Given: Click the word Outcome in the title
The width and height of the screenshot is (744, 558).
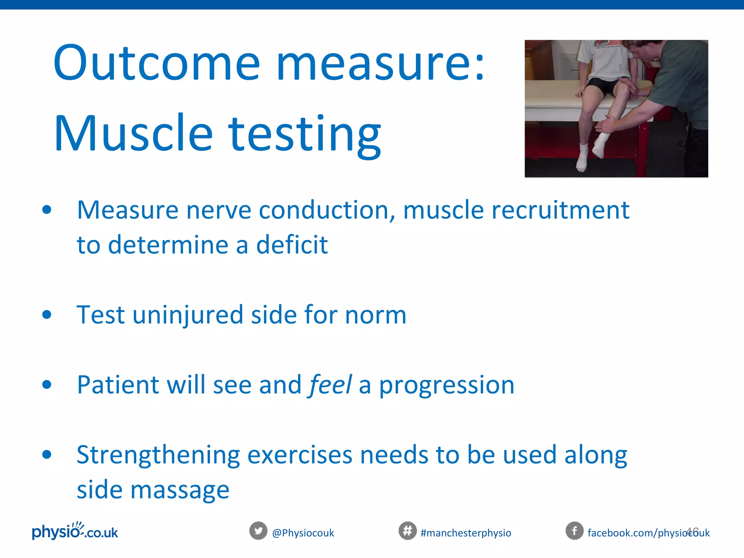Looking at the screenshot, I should (x=156, y=62).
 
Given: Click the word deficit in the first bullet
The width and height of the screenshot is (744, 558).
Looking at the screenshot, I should (x=292, y=244).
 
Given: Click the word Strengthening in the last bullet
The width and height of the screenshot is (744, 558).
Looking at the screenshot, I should (x=158, y=455).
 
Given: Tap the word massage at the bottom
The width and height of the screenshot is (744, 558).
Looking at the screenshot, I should (x=180, y=490).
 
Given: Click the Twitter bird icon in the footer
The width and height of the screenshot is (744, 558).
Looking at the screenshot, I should (x=258, y=531).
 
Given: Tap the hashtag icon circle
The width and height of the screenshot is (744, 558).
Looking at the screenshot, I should (x=407, y=531).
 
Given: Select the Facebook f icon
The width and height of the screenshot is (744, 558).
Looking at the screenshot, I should (x=574, y=531).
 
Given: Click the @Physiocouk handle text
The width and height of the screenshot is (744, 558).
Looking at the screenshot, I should (x=303, y=533).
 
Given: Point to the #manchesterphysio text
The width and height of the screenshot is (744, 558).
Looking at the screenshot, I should (x=466, y=533).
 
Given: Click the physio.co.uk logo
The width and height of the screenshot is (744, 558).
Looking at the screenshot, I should (x=75, y=531).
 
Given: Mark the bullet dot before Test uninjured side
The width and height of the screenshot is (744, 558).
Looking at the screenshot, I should (x=46, y=315).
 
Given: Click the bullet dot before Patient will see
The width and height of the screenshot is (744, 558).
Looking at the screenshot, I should (x=46, y=384).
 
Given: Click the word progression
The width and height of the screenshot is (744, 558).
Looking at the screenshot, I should (x=447, y=385).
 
